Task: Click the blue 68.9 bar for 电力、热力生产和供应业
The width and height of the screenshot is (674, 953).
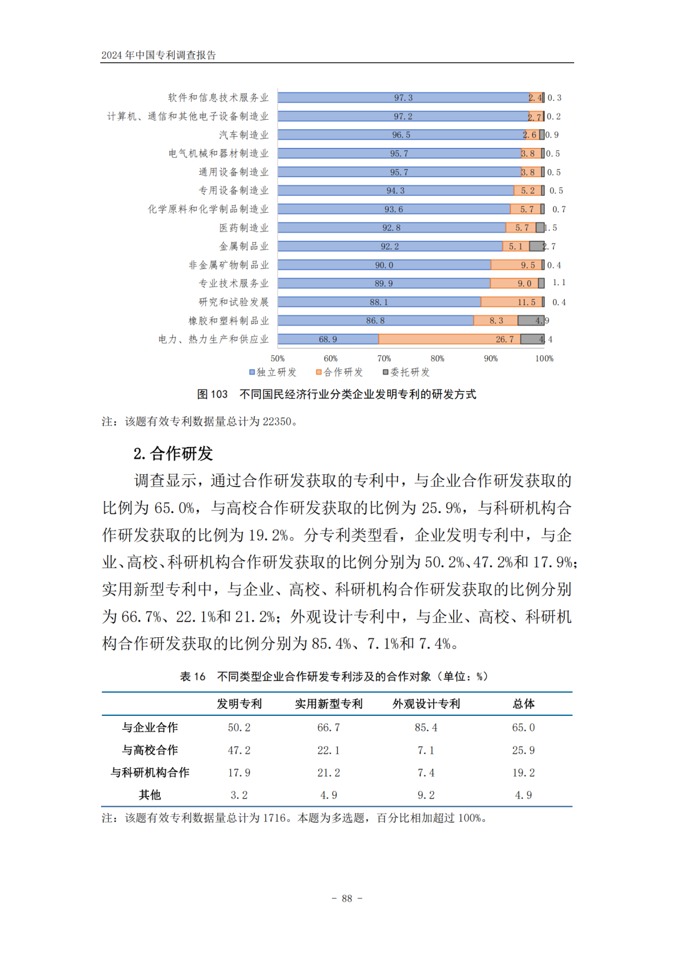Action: pos(328,340)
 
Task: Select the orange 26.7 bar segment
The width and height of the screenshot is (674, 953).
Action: pos(449,340)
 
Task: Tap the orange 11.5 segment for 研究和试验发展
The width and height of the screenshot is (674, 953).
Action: pos(512,302)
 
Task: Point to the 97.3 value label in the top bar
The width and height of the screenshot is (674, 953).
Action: pos(403,98)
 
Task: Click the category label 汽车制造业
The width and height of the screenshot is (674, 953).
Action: pos(244,135)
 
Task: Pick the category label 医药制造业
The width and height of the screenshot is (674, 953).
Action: pos(244,228)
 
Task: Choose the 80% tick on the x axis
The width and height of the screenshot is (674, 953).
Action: pos(437,358)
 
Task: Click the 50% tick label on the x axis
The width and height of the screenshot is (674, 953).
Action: pos(278,358)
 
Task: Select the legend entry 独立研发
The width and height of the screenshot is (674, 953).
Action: pos(273,372)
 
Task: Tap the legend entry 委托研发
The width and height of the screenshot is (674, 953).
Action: pos(406,372)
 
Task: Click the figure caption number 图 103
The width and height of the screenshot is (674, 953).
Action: pos(212,394)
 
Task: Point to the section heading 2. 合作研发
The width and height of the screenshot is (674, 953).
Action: pos(173,453)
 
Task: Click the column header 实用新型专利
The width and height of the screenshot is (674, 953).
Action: pos(329,704)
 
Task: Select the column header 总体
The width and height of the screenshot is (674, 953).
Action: pos(524,704)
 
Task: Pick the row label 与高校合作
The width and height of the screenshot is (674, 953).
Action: pos(150,750)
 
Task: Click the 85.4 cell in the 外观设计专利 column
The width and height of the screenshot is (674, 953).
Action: pos(426,728)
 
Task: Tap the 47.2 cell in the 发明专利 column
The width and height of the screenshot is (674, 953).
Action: pos(239,750)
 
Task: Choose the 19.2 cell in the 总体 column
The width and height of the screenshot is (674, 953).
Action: pos(524,773)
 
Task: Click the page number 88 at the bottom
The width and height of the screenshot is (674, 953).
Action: pos(347,899)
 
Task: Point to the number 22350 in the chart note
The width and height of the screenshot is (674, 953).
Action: pos(277,422)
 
